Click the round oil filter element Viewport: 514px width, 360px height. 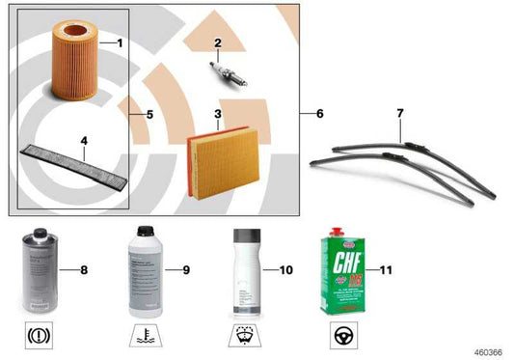click(x=68, y=66)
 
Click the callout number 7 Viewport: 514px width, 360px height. click(x=399, y=114)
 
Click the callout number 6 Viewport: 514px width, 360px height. click(x=319, y=114)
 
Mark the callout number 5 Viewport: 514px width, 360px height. click(x=150, y=114)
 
